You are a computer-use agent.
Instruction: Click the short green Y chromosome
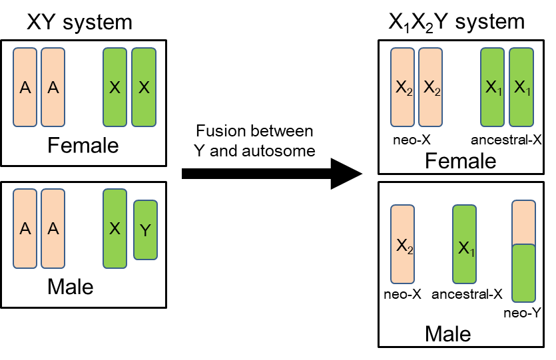click(145, 230)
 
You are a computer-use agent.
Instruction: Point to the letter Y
click(145, 231)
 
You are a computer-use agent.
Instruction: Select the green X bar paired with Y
click(115, 228)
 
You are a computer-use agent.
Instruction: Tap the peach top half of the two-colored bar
click(523, 222)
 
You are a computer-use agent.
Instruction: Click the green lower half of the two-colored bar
click(523, 273)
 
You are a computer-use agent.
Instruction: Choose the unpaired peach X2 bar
click(402, 244)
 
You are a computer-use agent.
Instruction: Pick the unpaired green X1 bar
click(464, 244)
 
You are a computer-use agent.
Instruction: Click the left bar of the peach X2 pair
click(402, 87)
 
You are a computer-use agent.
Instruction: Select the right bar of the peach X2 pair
click(430, 87)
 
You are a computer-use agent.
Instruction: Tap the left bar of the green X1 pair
click(492, 87)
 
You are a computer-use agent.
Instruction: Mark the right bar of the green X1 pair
click(521, 87)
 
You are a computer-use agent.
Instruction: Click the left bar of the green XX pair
click(115, 87)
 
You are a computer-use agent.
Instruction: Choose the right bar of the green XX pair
click(144, 87)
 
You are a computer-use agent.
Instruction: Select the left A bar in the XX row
click(25, 87)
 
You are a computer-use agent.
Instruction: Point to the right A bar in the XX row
click(53, 87)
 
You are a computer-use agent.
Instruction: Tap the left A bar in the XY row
click(25, 228)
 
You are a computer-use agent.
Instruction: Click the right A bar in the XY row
click(53, 228)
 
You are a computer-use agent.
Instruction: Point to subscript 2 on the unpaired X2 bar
click(410, 250)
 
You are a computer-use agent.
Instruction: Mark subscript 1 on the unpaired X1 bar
click(471, 253)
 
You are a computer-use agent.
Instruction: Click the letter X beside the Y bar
click(115, 228)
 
